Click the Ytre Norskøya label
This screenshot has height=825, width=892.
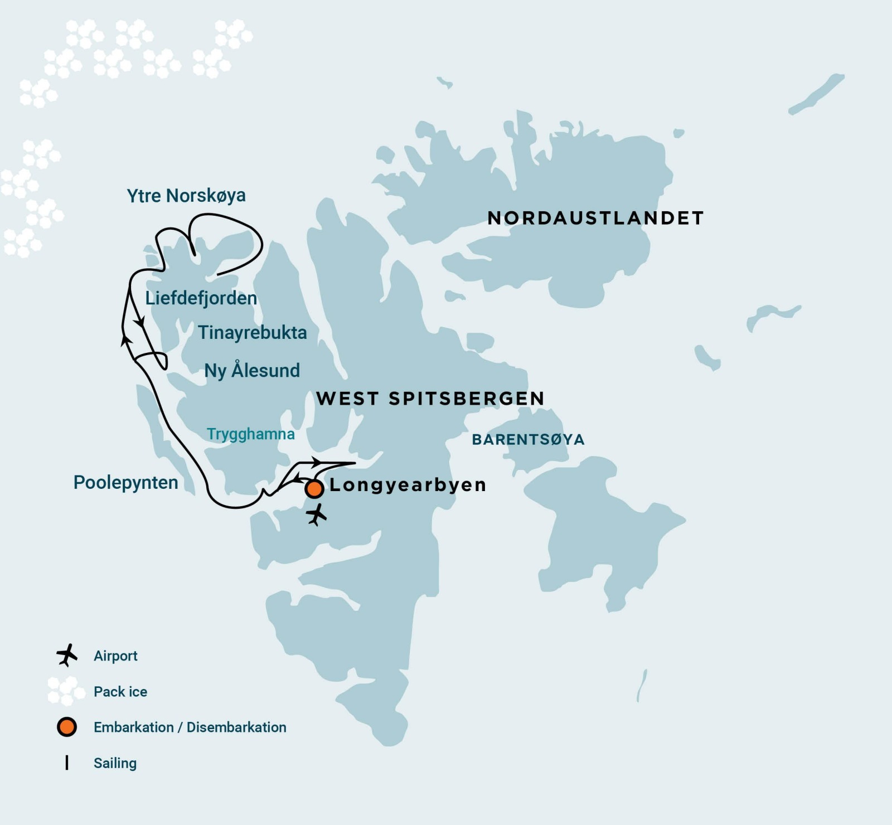186,196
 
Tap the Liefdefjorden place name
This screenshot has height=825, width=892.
201,298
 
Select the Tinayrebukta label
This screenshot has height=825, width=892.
252,333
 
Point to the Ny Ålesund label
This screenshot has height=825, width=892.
252,371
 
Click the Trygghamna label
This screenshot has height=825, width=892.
250,434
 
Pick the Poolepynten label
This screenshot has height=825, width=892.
125,483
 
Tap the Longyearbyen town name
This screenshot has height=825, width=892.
408,485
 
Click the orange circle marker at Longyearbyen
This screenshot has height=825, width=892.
314,489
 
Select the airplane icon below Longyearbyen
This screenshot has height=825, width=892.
317,515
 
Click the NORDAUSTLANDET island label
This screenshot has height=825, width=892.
595,218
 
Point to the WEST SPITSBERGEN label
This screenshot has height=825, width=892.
430,399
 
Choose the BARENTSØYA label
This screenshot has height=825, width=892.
528,440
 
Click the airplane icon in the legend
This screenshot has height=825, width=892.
66,655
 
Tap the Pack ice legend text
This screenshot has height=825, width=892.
120,692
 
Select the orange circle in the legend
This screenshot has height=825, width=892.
66,727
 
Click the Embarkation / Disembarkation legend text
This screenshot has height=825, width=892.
190,727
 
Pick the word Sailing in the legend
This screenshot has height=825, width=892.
115,763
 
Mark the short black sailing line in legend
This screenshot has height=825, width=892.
67,763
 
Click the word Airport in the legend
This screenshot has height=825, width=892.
115,656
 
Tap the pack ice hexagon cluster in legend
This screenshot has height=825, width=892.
66,691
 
